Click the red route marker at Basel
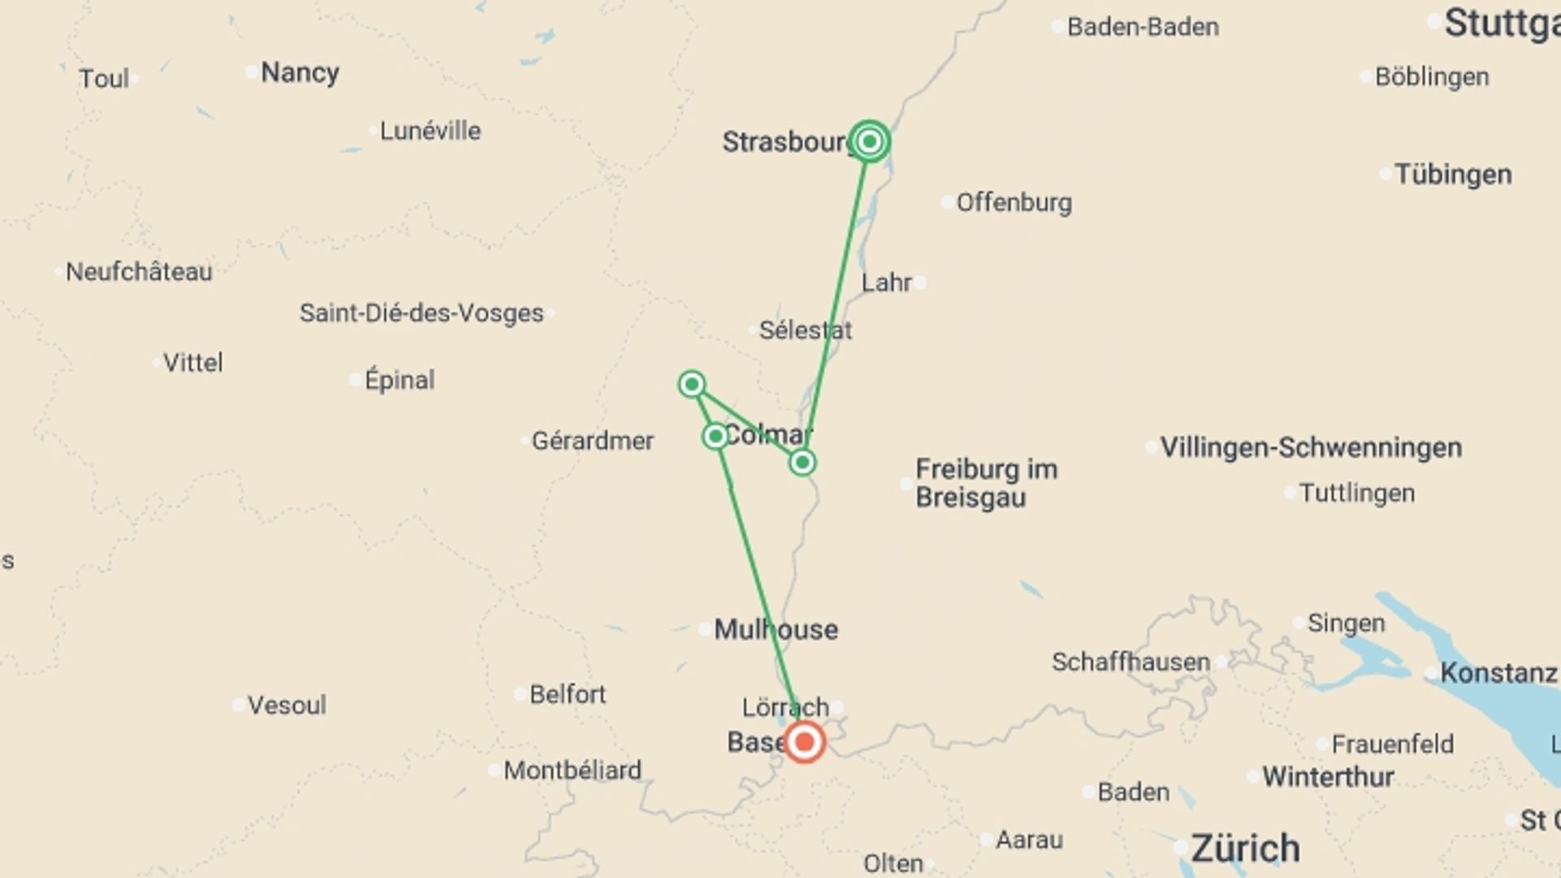804,741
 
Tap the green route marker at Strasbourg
869,142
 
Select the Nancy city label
299,72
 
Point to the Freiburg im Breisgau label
985,483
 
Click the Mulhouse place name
776,629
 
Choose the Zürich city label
1245,848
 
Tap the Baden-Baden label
1142,27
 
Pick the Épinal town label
399,380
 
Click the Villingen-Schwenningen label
1311,447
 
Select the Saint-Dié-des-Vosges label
421,313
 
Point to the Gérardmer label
592,441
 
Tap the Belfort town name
567,694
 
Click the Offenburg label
1013,202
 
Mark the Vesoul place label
286,705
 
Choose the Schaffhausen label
1130,662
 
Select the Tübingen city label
1453,174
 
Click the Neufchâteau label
138,272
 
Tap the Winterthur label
1328,777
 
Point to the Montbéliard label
572,770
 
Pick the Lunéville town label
430,131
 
